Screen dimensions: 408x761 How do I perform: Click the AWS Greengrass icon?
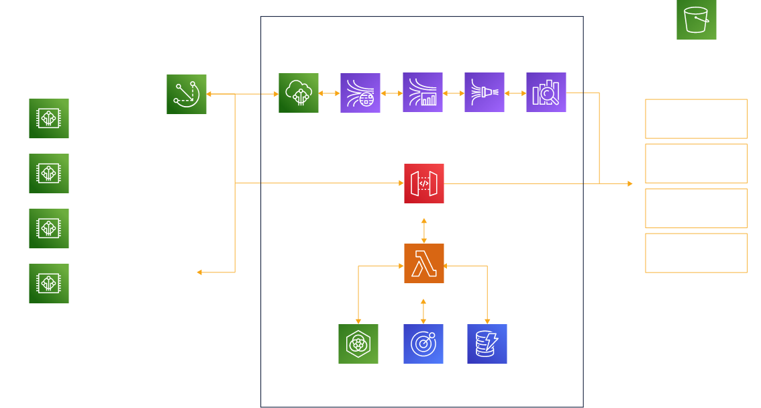pos(187,95)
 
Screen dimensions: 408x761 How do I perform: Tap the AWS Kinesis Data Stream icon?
pos(361,93)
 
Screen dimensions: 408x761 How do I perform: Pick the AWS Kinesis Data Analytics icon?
pos(423,93)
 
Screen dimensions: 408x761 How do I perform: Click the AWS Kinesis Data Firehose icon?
pos(485,93)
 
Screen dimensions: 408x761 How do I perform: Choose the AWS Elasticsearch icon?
pos(546,93)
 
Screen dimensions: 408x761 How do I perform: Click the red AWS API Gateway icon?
pos(424,183)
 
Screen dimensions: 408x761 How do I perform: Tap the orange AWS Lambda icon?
pos(424,264)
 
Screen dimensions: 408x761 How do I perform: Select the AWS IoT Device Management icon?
pos(358,344)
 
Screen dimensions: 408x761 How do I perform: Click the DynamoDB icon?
pos(487,344)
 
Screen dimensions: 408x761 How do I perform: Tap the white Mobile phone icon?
pos(186,270)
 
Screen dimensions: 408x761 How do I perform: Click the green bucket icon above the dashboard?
pos(697,19)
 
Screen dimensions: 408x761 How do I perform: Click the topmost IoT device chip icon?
pos(49,119)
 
